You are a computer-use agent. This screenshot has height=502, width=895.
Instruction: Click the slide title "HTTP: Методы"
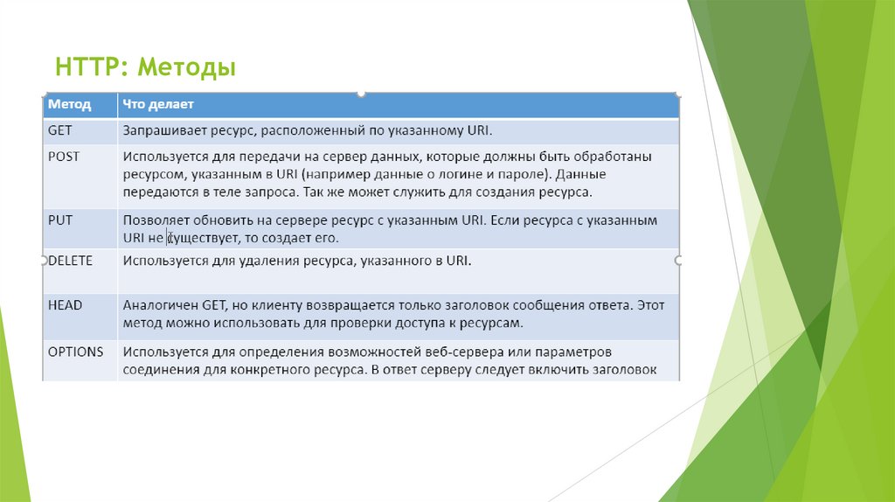point(145,66)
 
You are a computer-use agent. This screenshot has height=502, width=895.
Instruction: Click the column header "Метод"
point(69,104)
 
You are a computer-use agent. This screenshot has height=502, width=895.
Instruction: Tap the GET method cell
point(59,130)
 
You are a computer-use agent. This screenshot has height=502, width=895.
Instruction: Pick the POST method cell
point(63,157)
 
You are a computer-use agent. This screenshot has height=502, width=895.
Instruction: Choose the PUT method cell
point(59,220)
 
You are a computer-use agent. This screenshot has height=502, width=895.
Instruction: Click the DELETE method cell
point(70,260)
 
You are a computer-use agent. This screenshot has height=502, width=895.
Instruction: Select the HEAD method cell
point(65,305)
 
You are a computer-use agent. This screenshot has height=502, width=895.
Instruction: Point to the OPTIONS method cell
point(75,352)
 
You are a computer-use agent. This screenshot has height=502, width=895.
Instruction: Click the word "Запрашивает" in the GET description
point(163,130)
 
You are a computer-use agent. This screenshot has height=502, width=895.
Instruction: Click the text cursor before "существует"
point(167,238)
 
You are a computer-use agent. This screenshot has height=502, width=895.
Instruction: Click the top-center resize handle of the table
point(361,93)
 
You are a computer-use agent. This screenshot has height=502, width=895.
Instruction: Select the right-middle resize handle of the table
point(679,261)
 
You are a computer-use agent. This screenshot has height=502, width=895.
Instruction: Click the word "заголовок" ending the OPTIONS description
point(623,369)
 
